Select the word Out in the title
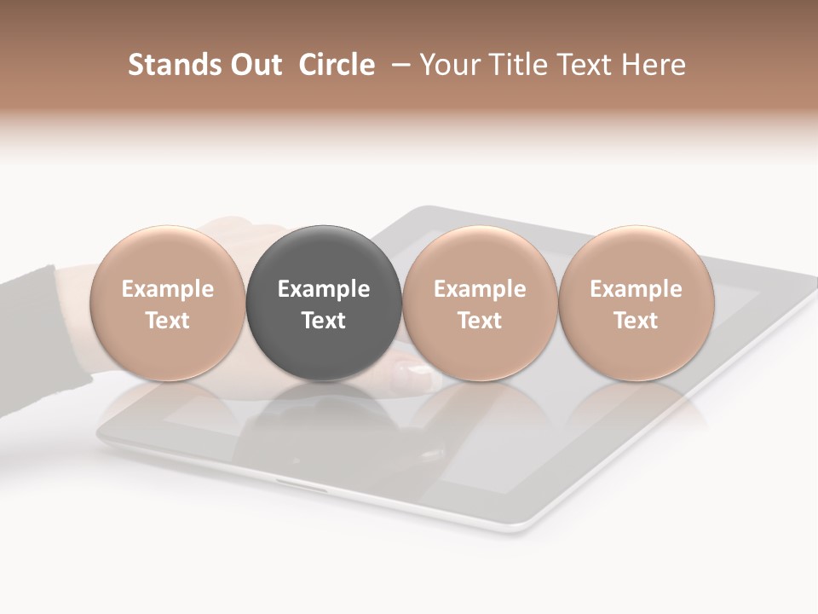(x=253, y=65)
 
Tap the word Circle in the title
(x=337, y=65)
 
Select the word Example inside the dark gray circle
(x=324, y=289)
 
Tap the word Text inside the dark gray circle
(x=324, y=321)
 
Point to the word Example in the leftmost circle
(x=167, y=289)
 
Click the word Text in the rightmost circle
(x=636, y=321)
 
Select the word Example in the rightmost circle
(x=636, y=289)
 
